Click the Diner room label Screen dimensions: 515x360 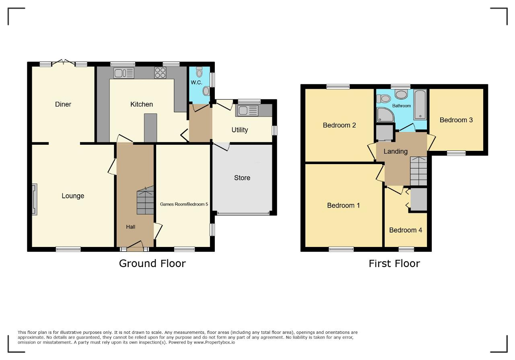click(63, 104)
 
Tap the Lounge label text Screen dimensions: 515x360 click(73, 196)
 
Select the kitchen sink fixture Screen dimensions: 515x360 click(124, 73)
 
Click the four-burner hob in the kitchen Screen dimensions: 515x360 click(160, 73)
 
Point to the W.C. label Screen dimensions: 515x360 click(196, 82)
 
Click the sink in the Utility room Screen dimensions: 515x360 click(247, 111)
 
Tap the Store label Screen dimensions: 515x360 click(242, 178)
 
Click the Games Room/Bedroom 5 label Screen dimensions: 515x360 click(184, 204)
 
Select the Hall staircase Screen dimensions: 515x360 click(145, 200)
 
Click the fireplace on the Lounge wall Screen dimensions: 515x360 click(35, 200)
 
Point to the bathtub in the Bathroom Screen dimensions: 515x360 click(420, 105)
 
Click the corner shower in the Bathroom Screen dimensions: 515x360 click(385, 115)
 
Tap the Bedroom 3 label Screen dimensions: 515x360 click(456, 120)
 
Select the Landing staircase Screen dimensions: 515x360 click(418, 171)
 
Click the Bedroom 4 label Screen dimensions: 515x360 click(406, 230)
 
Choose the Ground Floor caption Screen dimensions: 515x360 click(152, 263)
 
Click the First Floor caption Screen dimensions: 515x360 click(394, 263)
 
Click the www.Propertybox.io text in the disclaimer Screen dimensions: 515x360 click(214, 342)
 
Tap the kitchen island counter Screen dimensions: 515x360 click(150, 128)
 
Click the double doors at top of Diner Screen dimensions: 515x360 click(64, 62)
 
